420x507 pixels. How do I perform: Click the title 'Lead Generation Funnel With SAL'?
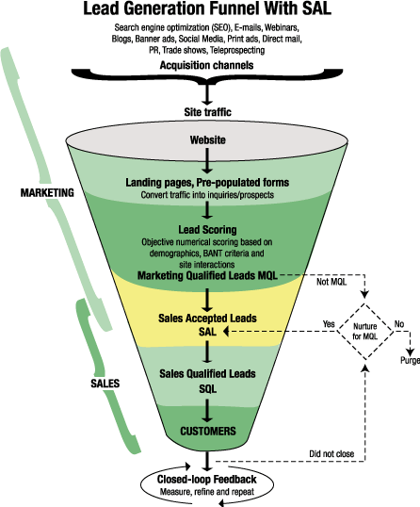point(209,11)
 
